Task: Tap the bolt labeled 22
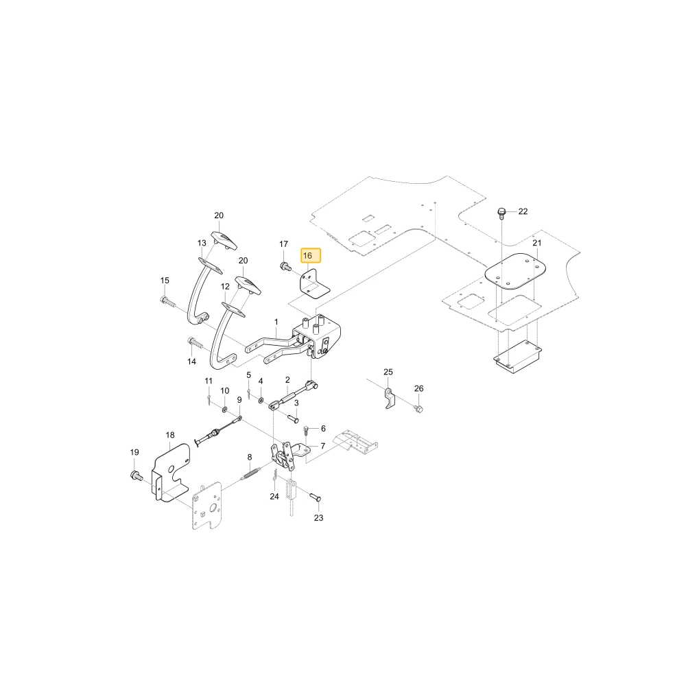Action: point(502,213)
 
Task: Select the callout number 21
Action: point(537,243)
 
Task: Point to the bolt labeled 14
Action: point(195,342)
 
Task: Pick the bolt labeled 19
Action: point(137,475)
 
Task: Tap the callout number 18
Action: point(170,435)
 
